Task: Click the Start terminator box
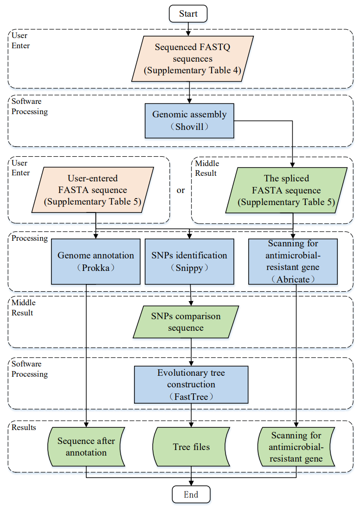188,13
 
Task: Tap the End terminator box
191,495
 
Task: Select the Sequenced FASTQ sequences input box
193,58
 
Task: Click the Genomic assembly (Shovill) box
189,121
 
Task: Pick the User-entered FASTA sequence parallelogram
93,190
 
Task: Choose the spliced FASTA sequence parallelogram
286,190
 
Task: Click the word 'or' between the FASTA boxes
180,190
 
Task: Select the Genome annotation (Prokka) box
96,262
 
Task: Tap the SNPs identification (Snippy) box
189,262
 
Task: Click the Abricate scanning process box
293,262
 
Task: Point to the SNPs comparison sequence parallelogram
186,322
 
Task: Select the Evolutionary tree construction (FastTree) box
191,385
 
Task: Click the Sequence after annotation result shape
86,447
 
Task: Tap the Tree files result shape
191,447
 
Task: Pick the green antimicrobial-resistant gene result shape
296,447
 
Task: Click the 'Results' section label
24,427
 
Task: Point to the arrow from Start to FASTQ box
188,29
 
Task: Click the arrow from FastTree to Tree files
191,415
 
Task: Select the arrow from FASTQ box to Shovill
189,93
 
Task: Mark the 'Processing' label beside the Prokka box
30,238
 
